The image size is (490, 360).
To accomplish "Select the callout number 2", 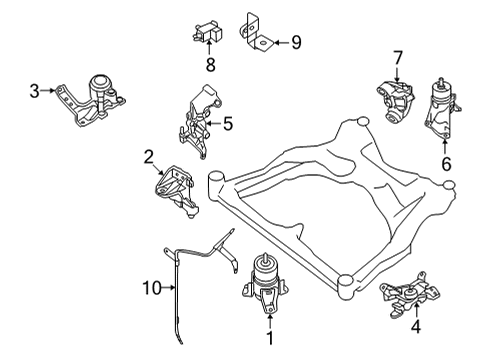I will pos(147,156).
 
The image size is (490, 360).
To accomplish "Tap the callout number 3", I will pos(34,92).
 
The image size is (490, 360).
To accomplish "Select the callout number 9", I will pos(295,42).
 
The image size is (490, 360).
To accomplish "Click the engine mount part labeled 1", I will pos(266,281).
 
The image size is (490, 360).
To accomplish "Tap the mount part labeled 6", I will pos(439,113).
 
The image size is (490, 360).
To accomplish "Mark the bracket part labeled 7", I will pos(394,100).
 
